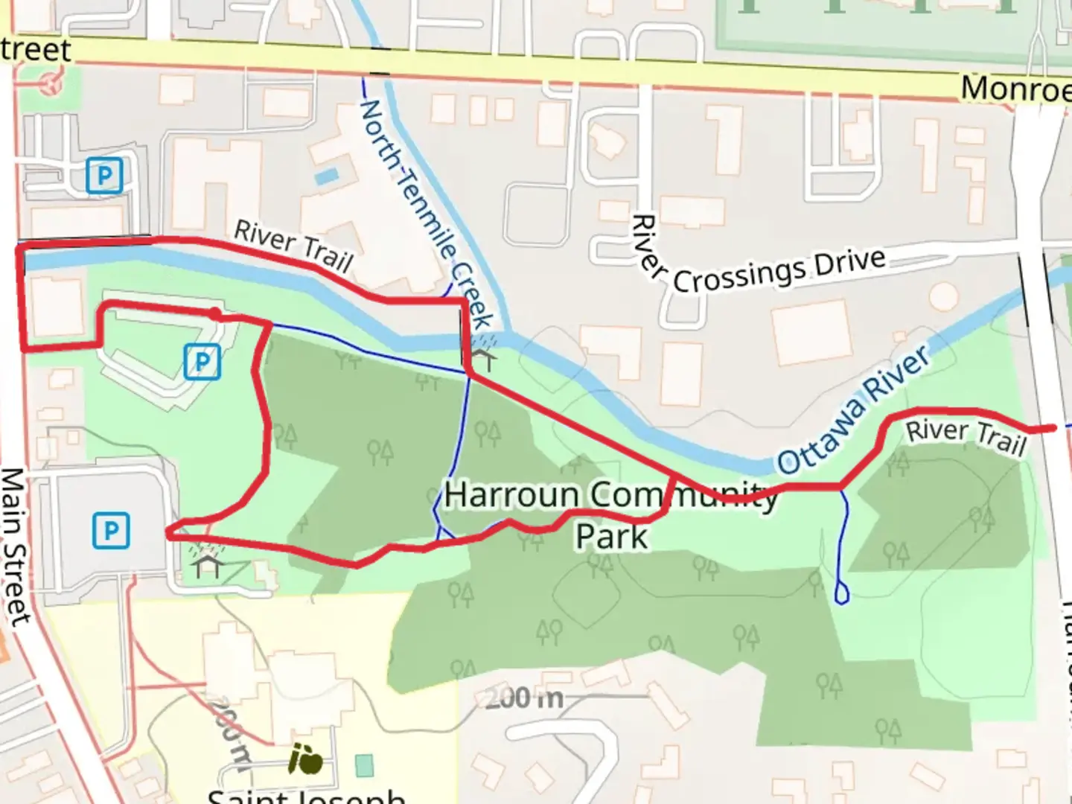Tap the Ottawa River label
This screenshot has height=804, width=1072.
(854, 409)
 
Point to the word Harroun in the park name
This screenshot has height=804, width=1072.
(511, 496)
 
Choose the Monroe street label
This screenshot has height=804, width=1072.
(1015, 89)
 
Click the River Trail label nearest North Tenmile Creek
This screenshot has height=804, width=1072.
(293, 246)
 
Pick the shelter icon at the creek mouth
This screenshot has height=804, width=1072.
(484, 359)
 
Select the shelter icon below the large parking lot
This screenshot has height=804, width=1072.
(207, 565)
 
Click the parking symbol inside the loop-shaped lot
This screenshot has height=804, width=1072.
(202, 363)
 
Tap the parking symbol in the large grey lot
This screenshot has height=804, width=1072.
(111, 531)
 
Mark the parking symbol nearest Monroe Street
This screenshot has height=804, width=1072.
(104, 176)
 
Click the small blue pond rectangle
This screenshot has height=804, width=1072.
(326, 176)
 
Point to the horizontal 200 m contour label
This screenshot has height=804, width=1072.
(524, 699)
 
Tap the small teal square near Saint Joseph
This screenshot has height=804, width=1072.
(364, 765)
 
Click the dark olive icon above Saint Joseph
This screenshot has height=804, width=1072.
(306, 759)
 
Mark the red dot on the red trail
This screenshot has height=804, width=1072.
(214, 315)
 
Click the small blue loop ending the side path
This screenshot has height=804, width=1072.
(842, 594)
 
